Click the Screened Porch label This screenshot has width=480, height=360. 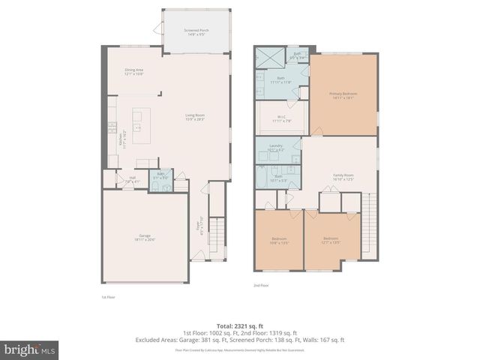coord(196,32)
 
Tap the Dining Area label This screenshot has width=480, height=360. coord(134,72)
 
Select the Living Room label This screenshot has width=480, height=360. coord(195,117)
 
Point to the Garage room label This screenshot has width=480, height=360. coord(145,238)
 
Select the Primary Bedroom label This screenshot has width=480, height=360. coord(343,95)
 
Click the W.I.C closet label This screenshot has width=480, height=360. coord(280,118)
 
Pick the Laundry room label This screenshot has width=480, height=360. coord(277,148)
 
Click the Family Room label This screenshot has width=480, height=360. coord(343,177)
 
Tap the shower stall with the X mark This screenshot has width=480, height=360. coord(266,56)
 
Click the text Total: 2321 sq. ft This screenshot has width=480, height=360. coord(240,325)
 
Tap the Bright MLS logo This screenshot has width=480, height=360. coord(30,349)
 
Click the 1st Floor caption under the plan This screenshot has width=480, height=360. coord(108,297)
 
